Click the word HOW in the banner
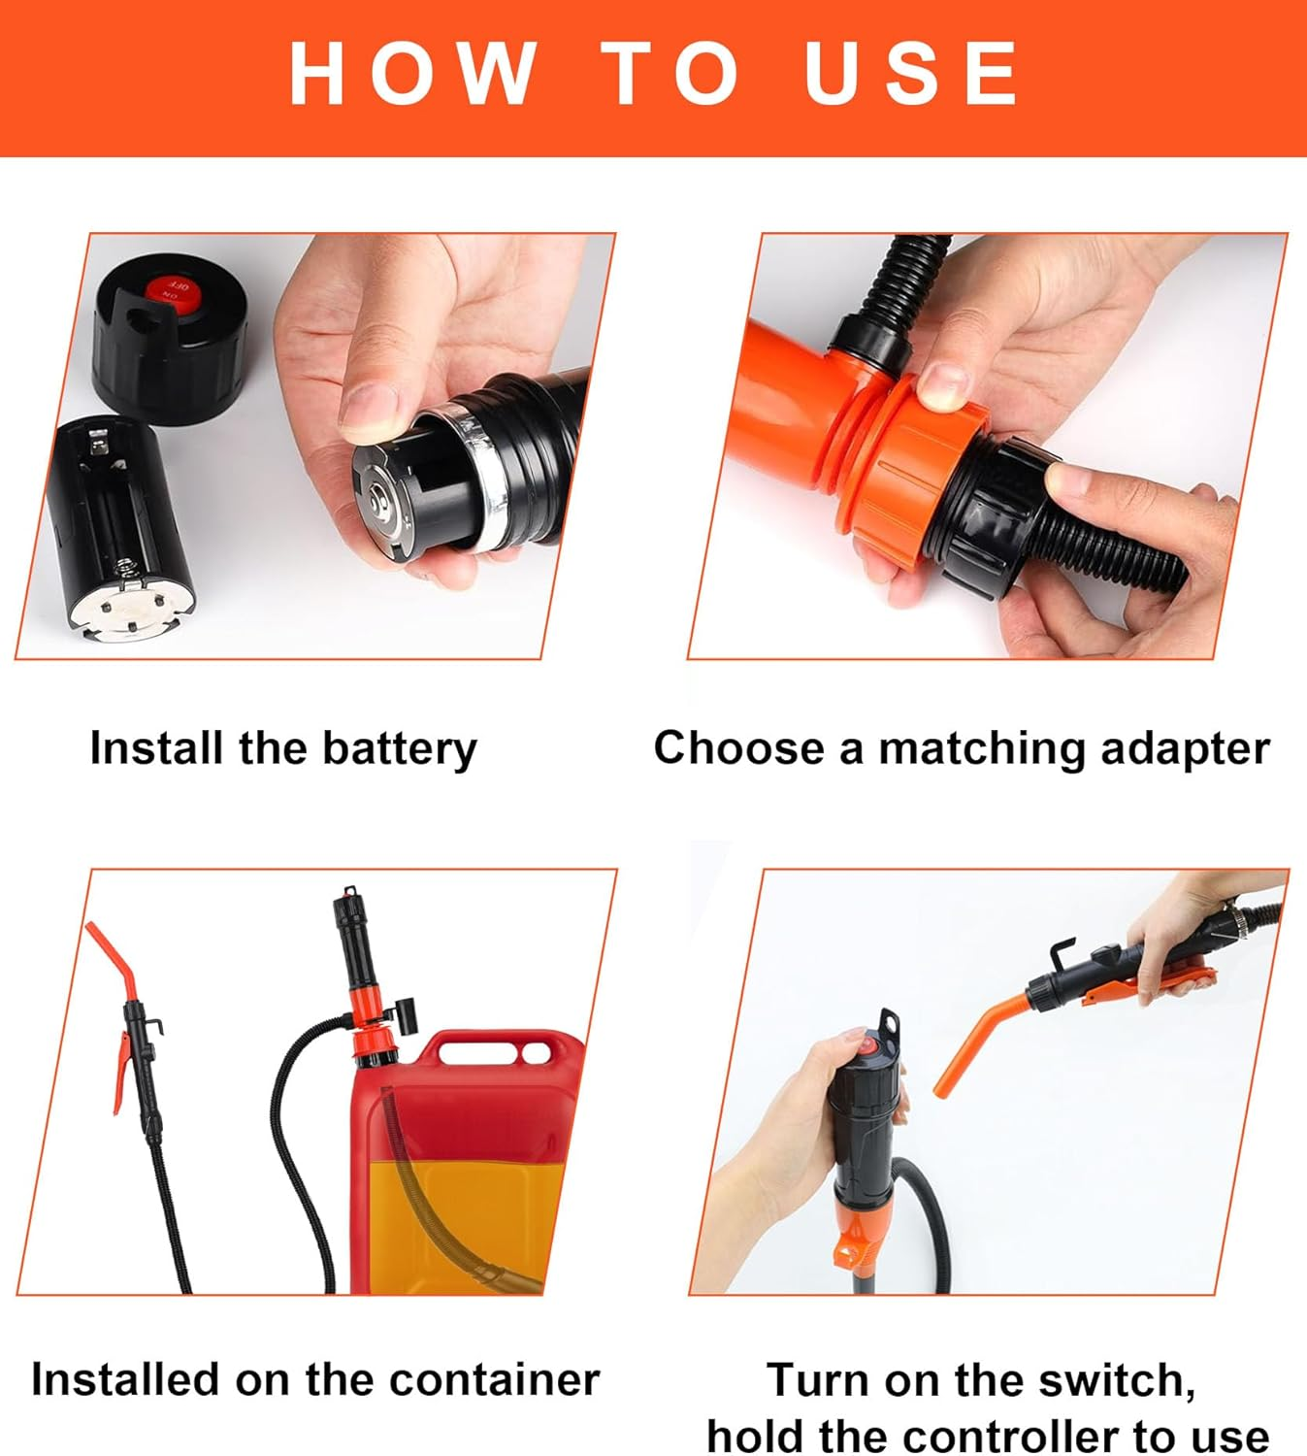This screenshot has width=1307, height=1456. (413, 74)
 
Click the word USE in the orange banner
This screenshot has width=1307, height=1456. (910, 74)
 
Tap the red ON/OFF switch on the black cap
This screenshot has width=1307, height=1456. (172, 289)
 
